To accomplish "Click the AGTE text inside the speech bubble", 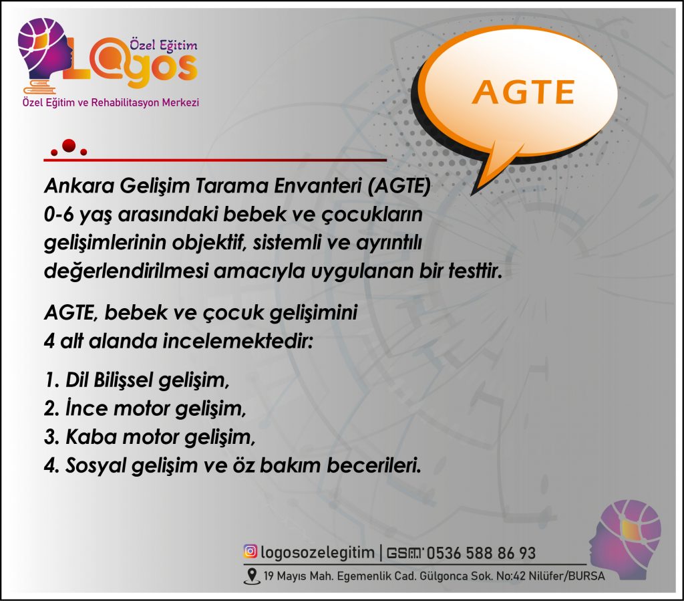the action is point(523,92).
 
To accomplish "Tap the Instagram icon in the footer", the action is point(250,552).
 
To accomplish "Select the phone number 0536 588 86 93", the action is point(481,553).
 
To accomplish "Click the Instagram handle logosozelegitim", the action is point(317,552).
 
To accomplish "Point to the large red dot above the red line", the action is point(69,146).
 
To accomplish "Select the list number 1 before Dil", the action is point(51,380).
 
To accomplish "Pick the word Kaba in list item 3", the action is point(91,437).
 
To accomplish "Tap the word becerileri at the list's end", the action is point(374,465).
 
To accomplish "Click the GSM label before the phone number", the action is point(404,553).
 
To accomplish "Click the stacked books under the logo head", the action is point(42,86).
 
